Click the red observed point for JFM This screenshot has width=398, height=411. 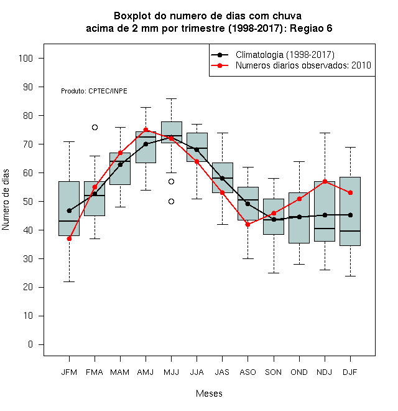[x=69, y=239]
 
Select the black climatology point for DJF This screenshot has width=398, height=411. [x=350, y=215]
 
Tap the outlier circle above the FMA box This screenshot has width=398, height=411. [x=95, y=128]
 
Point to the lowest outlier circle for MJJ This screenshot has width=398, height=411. [x=171, y=202]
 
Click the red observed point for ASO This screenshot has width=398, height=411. [x=248, y=225]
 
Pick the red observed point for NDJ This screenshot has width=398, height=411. [x=325, y=181]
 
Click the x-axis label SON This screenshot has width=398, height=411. [x=274, y=372]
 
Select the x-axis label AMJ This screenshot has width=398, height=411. [x=146, y=372]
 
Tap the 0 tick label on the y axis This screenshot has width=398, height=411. [x=30, y=344]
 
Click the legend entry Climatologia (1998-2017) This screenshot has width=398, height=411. [x=285, y=55]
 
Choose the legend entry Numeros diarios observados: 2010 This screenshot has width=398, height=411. [x=303, y=65]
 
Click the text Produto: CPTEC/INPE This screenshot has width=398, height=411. [x=94, y=91]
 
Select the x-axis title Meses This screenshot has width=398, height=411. [x=209, y=394]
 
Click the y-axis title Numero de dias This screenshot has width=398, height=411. [x=6, y=200]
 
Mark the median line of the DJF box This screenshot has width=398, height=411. [x=350, y=231]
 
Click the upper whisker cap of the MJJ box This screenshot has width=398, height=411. [x=171, y=99]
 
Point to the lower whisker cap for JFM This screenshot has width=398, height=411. [x=69, y=281]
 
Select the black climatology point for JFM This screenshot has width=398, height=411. [x=69, y=210]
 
